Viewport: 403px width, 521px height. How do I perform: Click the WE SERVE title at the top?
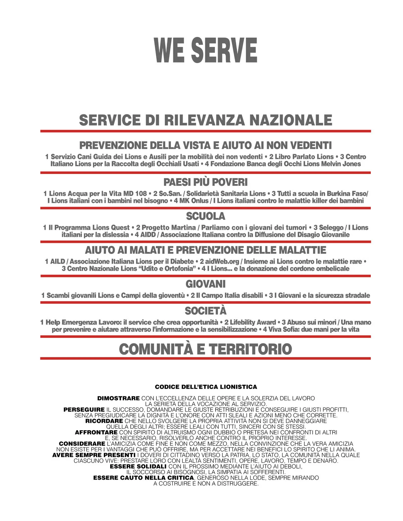205,50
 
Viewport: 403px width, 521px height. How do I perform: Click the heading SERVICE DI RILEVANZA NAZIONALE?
206,120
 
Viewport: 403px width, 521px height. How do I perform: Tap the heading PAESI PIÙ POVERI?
206,182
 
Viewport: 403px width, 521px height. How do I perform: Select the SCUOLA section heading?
206,216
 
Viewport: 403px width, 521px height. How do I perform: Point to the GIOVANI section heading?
206,284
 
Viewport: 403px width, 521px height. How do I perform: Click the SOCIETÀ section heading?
206,311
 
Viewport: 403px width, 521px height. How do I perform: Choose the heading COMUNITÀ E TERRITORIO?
206,349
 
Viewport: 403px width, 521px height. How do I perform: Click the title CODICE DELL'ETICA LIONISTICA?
206,387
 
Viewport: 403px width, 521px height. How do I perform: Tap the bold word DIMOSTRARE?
118,398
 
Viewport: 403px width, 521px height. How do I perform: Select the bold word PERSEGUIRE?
84,410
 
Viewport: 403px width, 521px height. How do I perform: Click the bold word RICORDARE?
104,421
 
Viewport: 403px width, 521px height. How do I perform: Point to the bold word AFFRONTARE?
96,432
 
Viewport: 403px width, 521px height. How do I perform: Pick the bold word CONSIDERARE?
82,444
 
